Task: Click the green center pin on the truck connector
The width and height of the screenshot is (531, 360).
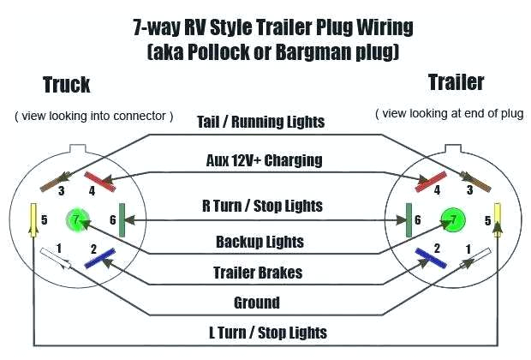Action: [x=77, y=220]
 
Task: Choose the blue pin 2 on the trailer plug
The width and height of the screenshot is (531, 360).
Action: [x=424, y=255]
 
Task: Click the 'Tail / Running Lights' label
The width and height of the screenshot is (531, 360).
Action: [x=261, y=122]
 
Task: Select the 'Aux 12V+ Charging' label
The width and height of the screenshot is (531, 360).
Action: [x=264, y=159]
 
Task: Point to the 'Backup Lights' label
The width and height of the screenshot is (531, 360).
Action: [x=260, y=242]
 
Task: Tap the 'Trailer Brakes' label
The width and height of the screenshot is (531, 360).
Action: [x=259, y=273]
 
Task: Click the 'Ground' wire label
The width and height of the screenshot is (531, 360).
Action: [x=257, y=302]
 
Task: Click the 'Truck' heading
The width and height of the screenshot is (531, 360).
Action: [x=66, y=84]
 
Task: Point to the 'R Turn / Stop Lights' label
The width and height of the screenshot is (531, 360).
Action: [x=261, y=205]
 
